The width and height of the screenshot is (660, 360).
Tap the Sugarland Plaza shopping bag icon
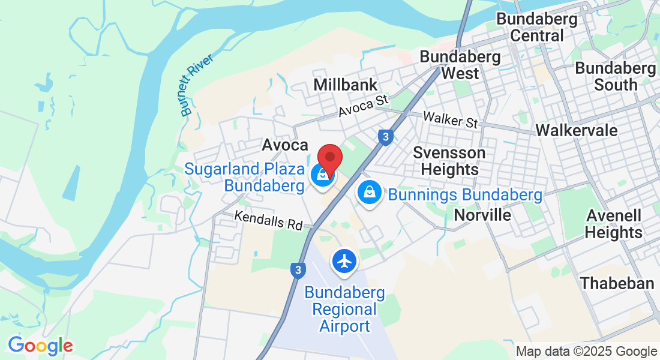tap(323, 175)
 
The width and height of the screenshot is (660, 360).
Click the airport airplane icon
tap(344, 261)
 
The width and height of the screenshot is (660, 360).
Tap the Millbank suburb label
tap(346, 85)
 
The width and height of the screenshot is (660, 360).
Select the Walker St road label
tap(450, 119)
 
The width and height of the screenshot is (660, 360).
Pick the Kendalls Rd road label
tap(268, 220)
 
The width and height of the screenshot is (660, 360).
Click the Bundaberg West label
tap(460, 65)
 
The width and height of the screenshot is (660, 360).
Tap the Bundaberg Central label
tap(537, 28)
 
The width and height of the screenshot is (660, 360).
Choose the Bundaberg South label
tap(616, 76)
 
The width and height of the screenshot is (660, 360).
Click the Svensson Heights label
tap(449, 161)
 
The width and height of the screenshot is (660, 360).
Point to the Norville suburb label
tap(482, 215)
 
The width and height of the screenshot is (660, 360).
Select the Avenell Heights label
tap(614, 224)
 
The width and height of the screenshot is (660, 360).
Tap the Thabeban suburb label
tap(617, 283)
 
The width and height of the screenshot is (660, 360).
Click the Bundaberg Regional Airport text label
tap(344, 310)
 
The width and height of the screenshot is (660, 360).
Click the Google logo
tap(40, 346)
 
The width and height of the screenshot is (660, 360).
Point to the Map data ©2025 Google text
tap(586, 352)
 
